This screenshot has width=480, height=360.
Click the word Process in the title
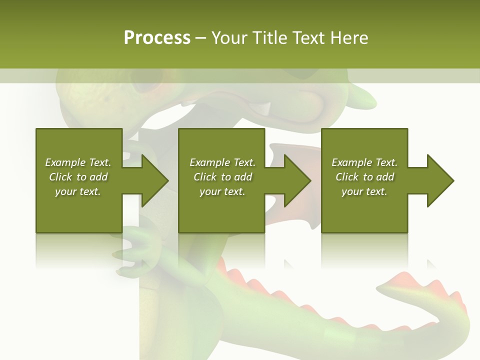(x=157, y=37)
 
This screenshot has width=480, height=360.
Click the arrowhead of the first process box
(x=154, y=180)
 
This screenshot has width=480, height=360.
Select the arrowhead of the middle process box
(x=297, y=180)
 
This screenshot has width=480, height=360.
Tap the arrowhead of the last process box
(x=440, y=180)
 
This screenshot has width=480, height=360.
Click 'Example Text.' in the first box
(x=78, y=162)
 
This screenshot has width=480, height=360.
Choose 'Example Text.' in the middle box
(x=222, y=162)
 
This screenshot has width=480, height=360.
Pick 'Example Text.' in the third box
(x=364, y=162)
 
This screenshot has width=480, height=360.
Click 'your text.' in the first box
(x=78, y=191)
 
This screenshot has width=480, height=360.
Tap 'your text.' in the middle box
(x=222, y=191)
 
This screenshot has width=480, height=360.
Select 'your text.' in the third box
(x=364, y=191)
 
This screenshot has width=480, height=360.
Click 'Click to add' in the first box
(x=78, y=177)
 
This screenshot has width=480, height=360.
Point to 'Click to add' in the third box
(x=364, y=177)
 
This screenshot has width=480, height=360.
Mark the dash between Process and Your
(x=200, y=38)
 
